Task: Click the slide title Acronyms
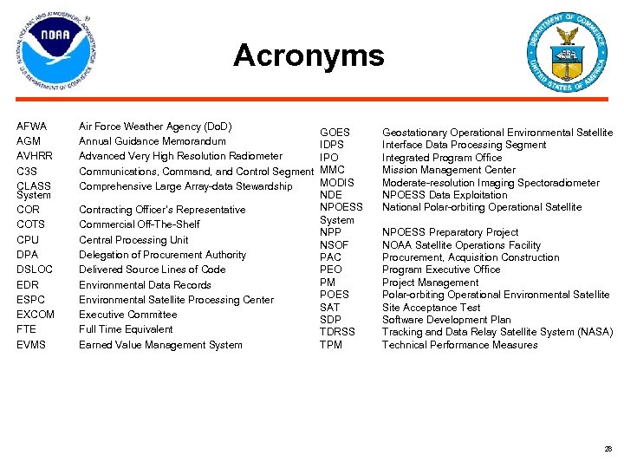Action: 308,55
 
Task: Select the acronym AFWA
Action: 31,127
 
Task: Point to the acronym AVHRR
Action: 35,156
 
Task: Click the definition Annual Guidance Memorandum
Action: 152,141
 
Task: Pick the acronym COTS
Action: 30,224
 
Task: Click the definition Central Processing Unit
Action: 133,240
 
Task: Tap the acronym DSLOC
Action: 35,270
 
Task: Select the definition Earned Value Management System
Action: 160,345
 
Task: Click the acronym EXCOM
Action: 36,315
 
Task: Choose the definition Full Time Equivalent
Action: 126,329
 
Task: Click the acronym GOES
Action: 335,133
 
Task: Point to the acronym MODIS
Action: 336,183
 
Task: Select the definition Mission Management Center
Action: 448,170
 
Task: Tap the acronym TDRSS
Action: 337,332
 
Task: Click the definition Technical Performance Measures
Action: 459,345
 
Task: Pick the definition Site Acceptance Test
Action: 431,308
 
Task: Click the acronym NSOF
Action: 334,245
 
